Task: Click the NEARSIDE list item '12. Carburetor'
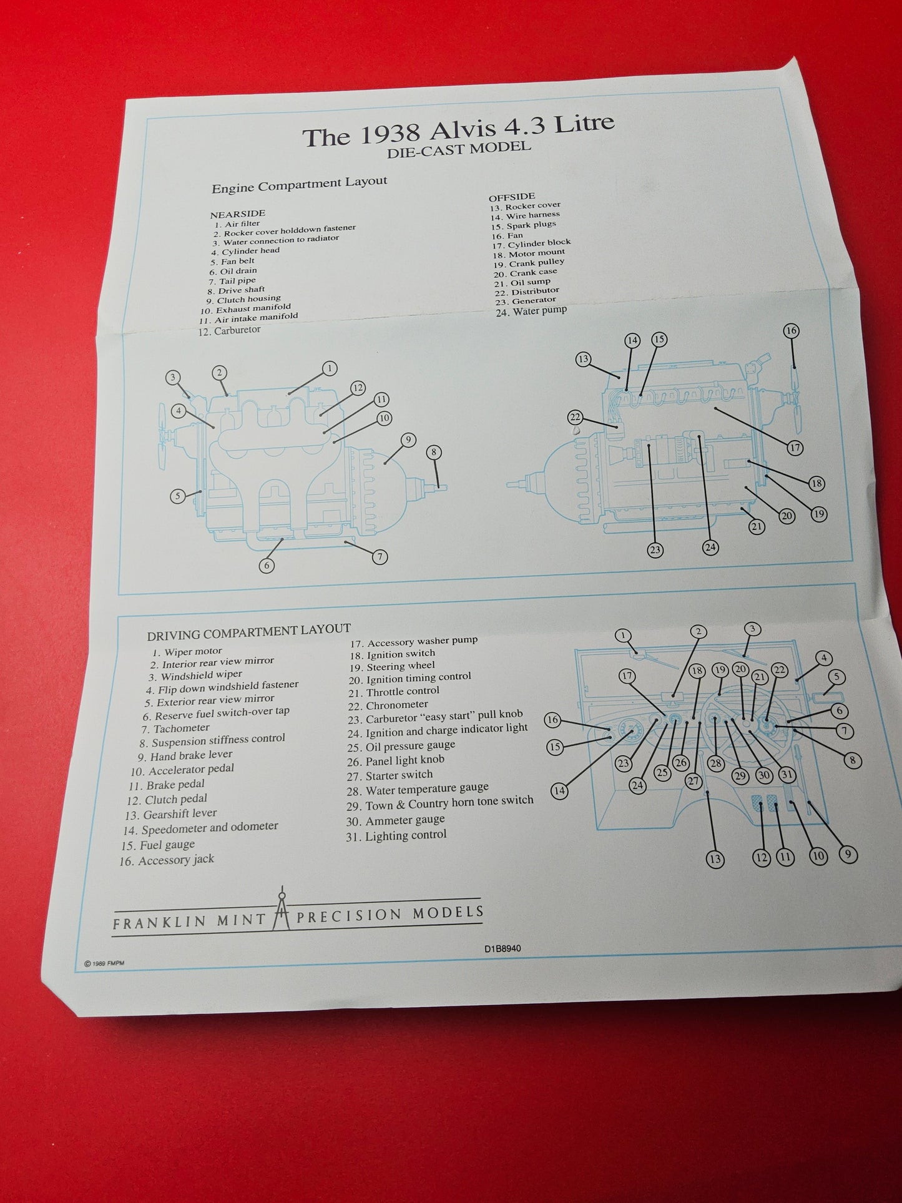tap(229, 331)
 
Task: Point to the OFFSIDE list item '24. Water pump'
tap(531, 310)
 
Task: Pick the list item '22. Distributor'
tap(527, 292)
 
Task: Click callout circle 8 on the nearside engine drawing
tap(433, 453)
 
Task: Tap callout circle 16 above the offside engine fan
tap(791, 331)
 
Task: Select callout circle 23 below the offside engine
tap(655, 550)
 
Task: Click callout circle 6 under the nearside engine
tap(267, 566)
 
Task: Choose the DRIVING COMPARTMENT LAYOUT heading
tap(248, 632)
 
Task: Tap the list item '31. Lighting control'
tap(396, 836)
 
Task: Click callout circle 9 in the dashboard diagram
tap(848, 855)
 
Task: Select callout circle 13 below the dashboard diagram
tap(715, 860)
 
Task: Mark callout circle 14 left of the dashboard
tap(560, 791)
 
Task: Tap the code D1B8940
tap(502, 949)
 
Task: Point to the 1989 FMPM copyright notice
tap(104, 963)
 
